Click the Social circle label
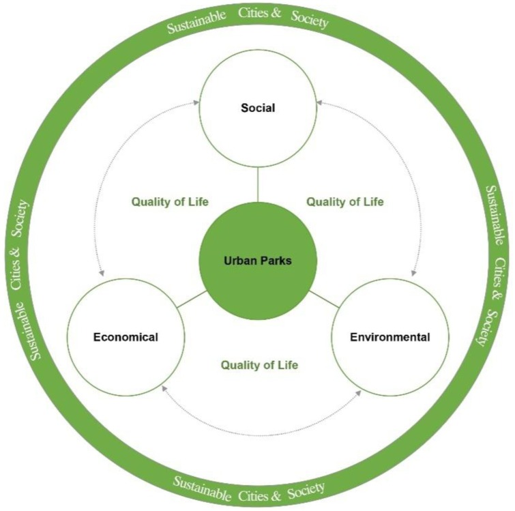257,108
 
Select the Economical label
126,337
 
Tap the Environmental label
389,337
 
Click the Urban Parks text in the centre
257,260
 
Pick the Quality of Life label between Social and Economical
170,202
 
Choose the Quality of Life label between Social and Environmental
344,202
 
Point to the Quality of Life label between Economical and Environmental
259,364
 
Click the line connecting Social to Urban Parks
258,184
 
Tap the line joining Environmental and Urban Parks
325,300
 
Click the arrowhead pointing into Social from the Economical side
196,102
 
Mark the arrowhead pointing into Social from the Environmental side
319,102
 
